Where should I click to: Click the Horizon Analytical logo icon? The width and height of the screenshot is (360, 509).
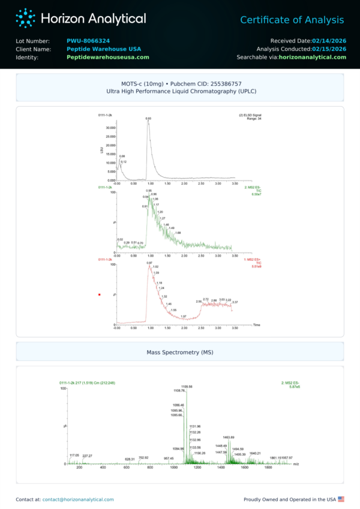(25, 18)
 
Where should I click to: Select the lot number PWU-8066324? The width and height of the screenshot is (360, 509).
(88, 41)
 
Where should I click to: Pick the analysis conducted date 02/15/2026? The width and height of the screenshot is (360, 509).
(329, 49)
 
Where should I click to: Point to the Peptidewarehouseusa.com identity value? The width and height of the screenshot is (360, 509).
(108, 58)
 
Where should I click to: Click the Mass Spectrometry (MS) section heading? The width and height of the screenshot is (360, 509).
(180, 352)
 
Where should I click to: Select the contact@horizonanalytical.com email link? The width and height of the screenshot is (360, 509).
(78, 499)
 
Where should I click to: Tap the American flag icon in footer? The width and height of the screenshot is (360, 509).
(341, 499)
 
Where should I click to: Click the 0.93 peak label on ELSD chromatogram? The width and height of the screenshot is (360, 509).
(148, 119)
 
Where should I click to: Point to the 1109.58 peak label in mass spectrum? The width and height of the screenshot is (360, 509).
(187, 387)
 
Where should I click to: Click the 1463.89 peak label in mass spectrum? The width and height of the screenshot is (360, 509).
(228, 437)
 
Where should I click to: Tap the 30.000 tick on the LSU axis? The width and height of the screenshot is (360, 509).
(110, 128)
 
